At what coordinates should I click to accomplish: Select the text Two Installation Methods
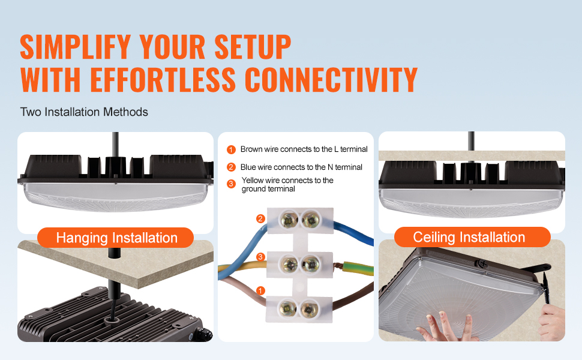point(84,112)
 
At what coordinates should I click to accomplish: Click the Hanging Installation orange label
point(116,238)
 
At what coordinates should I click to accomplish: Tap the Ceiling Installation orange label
point(469,237)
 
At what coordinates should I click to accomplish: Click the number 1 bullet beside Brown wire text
point(231,149)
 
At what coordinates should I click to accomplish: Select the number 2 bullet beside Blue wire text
point(231,167)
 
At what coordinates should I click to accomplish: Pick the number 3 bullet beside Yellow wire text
point(231,184)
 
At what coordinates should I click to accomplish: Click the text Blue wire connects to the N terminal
point(301,167)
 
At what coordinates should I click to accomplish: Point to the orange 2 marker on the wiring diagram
point(260,218)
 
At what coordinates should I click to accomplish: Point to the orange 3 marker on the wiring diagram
point(260,257)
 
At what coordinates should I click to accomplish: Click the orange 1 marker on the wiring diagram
point(260,290)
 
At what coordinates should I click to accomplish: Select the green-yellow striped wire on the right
point(354,264)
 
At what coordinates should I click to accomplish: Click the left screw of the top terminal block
point(288,220)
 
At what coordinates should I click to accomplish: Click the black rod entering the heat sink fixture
point(112,282)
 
